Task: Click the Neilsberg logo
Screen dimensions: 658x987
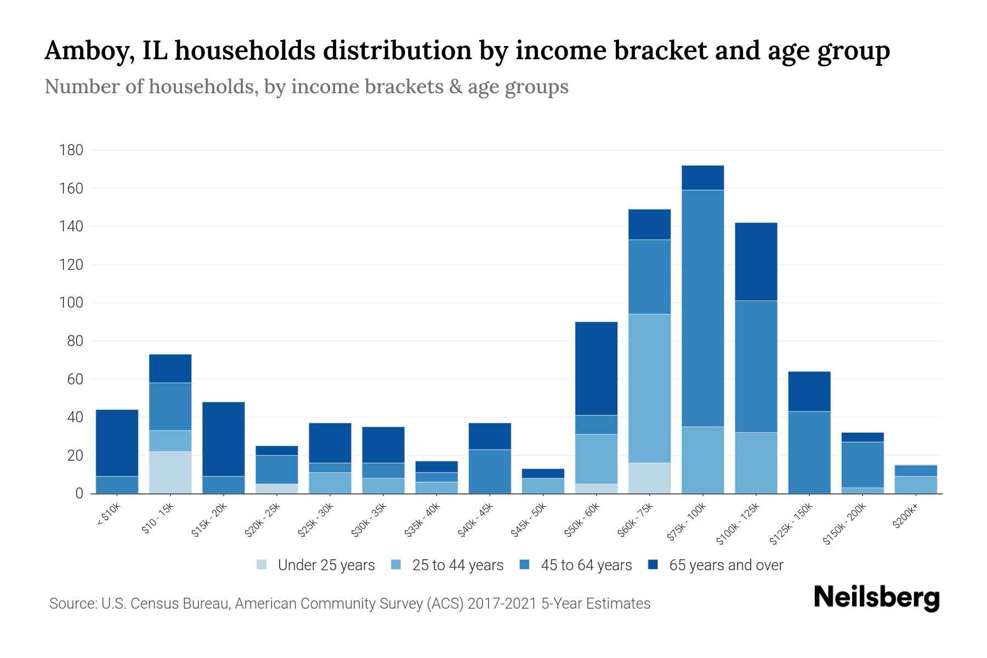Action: pos(876,597)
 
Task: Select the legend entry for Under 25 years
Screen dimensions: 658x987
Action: pos(326,565)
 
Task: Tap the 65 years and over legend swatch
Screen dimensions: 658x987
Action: pos(653,564)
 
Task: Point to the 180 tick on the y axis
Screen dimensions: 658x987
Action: pos(71,150)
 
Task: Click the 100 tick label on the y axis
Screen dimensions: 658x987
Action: pos(71,303)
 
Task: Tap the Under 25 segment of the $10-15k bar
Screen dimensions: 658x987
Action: pos(170,472)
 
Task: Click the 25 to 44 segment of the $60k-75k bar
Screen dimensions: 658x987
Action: pos(649,388)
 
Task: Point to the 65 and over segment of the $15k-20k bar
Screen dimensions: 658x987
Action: pos(223,439)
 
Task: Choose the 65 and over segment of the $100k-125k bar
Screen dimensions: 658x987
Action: pos(756,262)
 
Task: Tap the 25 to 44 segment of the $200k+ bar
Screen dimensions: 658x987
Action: pos(915,485)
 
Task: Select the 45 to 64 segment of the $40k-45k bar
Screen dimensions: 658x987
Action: pos(490,471)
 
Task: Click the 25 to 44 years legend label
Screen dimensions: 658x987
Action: pos(457,565)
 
